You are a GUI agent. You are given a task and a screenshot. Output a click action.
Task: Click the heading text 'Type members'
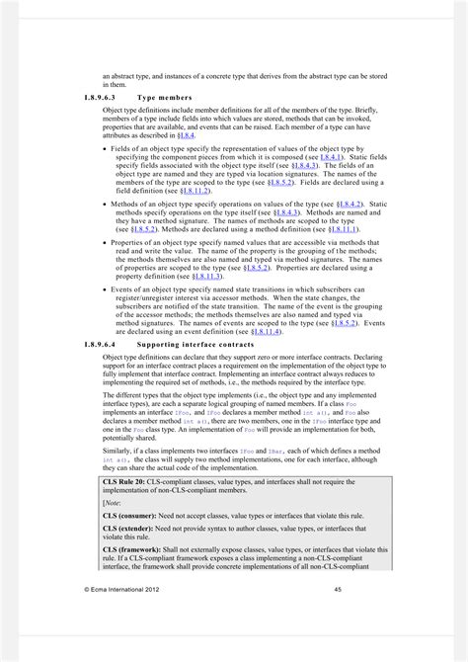click(x=162, y=99)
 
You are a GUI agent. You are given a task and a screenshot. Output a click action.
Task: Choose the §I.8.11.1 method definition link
click(x=337, y=229)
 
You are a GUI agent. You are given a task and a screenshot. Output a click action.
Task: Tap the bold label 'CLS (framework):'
click(x=139, y=550)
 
